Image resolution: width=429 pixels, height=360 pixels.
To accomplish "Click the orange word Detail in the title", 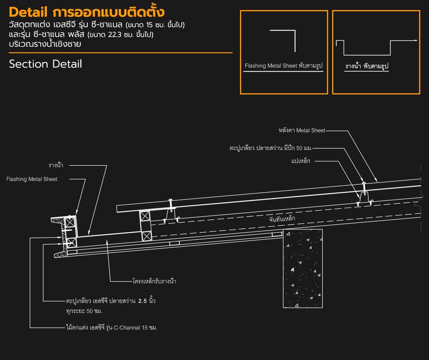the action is point(28,12).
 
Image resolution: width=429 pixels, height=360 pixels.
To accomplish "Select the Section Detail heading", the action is point(45,64).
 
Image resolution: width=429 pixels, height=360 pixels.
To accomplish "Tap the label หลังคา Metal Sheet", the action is point(302,130).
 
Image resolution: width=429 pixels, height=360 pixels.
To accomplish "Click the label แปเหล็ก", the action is point(301,161).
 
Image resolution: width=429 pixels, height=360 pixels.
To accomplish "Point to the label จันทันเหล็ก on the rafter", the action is point(282,219).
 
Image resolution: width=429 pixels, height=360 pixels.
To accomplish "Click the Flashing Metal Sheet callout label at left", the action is point(32,179).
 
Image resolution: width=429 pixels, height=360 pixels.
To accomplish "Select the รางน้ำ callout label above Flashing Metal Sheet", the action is point(56,165).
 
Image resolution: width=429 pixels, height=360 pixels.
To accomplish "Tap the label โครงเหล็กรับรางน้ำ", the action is point(154,281).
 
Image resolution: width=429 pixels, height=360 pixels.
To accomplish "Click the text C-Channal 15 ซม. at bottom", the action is point(135,328).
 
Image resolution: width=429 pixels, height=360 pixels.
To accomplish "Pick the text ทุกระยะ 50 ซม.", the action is point(84,311).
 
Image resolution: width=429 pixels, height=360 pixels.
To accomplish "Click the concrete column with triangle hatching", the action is point(303,268).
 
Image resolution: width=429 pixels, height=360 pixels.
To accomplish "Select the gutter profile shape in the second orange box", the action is point(367,55).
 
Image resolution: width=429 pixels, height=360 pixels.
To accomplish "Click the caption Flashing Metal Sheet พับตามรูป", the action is point(284,66).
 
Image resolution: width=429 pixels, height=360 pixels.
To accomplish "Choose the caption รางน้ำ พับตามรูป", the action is point(367,66).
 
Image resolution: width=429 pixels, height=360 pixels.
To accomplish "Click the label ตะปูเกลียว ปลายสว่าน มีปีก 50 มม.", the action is point(271,148).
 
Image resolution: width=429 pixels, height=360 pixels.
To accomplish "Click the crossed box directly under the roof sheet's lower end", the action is point(145,216).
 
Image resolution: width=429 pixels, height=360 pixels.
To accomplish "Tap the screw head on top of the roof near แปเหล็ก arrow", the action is point(364,183).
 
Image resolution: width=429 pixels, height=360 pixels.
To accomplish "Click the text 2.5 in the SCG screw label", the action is point(142,301).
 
